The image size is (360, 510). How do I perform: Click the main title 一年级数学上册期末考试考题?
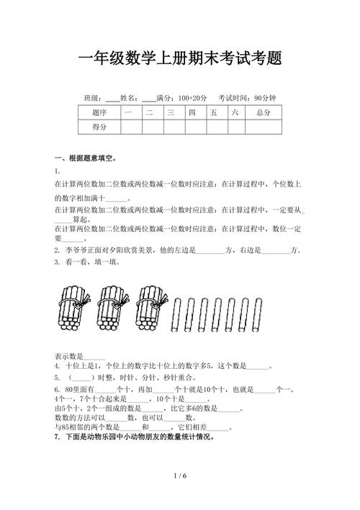coord(179,58)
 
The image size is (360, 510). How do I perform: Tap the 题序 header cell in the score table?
coord(99,113)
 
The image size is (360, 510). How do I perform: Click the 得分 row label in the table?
coord(99,127)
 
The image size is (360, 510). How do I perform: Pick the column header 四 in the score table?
coord(192,113)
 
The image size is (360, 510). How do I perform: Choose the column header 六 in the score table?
coord(235,113)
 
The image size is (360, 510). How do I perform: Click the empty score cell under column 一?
coord(127,127)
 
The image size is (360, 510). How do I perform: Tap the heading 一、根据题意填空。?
coord(86,158)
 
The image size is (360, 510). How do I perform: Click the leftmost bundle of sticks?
coord(73,310)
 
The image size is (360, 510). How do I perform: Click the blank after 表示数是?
coord(95,357)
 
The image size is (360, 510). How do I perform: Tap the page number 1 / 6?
coord(180,476)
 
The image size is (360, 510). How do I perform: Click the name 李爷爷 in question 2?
coord(76,250)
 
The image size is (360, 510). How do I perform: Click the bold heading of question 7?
coord(134,437)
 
